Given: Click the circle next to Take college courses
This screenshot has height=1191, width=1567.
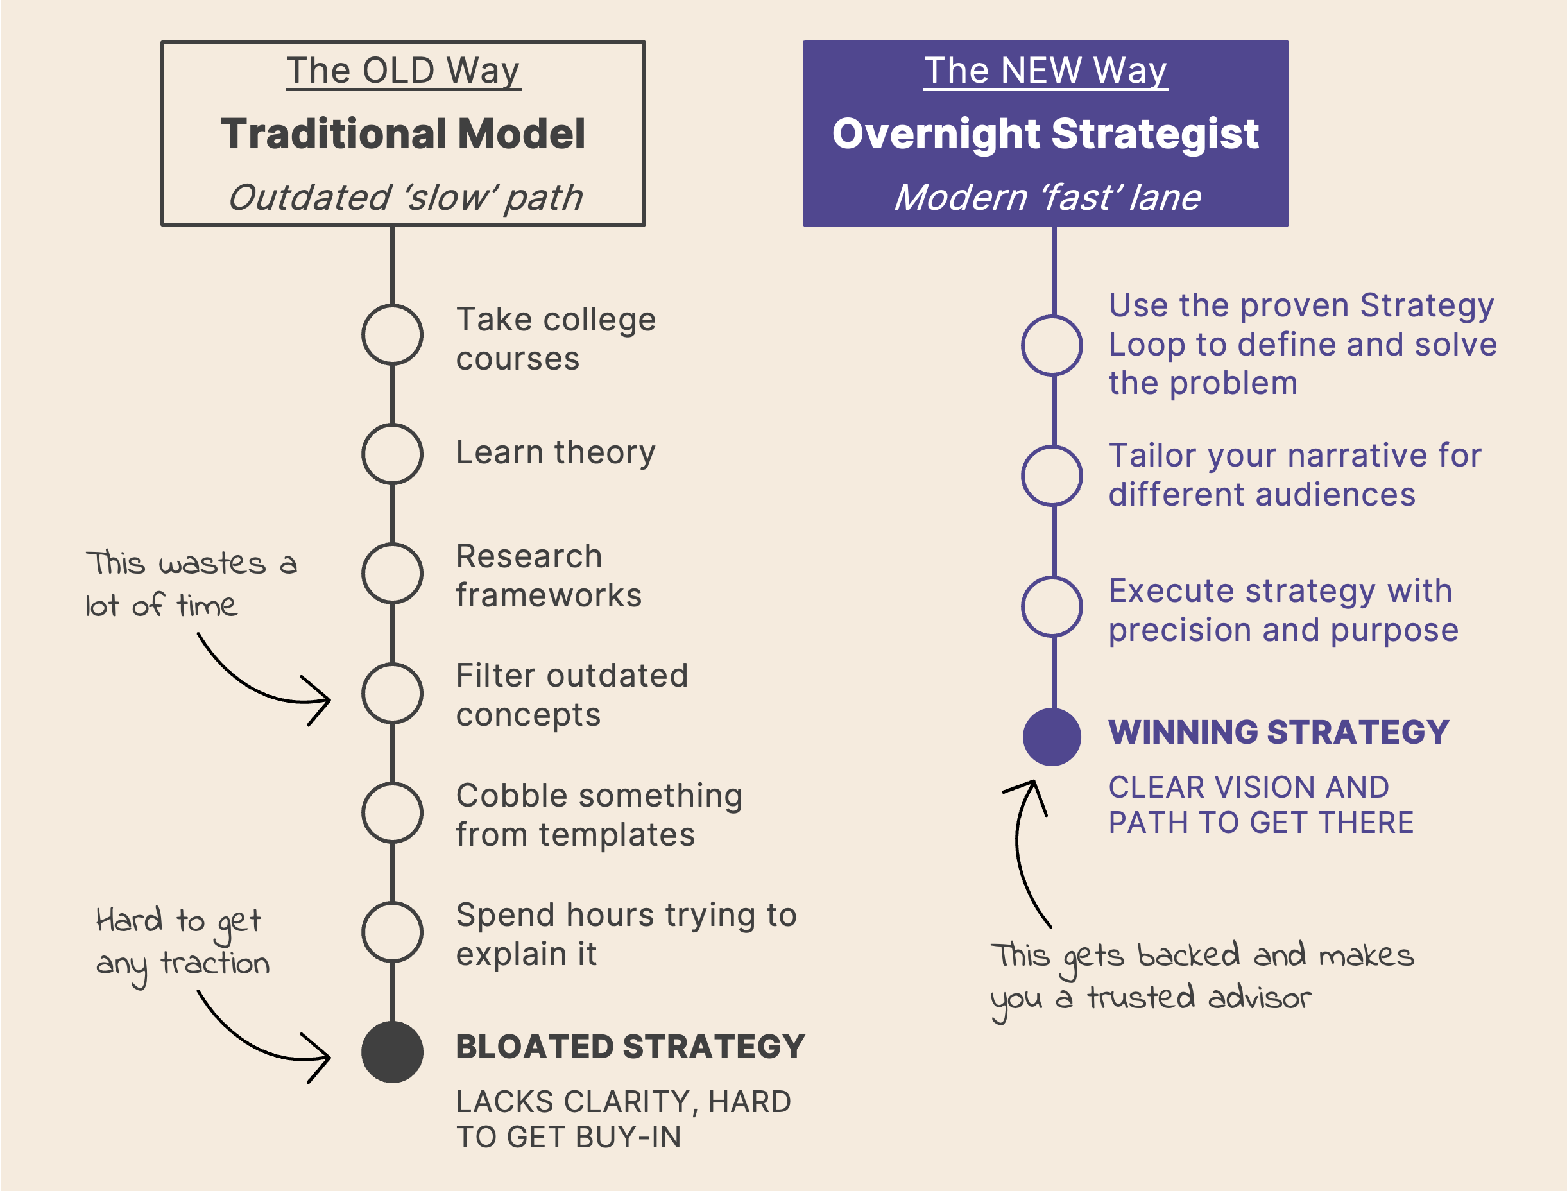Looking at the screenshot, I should (x=392, y=334).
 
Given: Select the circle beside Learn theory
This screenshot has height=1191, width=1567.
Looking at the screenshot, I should (x=392, y=454).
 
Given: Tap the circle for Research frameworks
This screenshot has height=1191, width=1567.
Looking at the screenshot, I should (x=392, y=574).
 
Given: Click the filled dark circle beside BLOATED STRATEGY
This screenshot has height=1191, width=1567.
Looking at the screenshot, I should (x=392, y=1052).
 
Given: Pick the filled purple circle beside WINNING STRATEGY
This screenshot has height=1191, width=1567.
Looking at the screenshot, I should (x=1052, y=737).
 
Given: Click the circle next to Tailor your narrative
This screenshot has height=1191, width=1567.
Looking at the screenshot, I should (x=1052, y=476).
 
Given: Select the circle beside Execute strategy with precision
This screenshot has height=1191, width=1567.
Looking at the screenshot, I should (x=1052, y=607).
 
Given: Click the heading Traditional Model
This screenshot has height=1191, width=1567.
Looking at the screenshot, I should (x=402, y=133).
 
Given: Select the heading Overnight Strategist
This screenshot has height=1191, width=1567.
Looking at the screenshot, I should (x=1045, y=133).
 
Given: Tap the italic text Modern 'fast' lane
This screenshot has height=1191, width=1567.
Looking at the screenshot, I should (x=1047, y=197).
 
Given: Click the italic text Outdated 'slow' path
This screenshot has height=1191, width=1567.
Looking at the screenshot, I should (x=405, y=197).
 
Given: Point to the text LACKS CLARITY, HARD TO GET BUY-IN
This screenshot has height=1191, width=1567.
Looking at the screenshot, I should (x=623, y=1119).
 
